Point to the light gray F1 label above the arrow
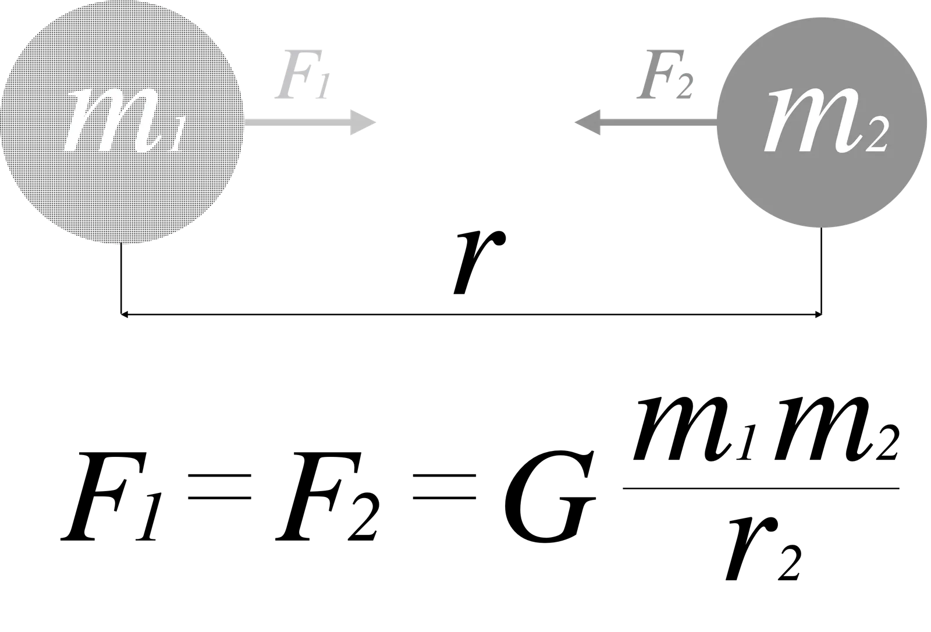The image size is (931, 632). (303, 75)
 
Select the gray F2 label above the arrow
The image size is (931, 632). (665, 75)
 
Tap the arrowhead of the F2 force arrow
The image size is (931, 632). (588, 122)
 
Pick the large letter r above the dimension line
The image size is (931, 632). (479, 263)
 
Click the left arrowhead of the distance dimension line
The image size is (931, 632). (124, 315)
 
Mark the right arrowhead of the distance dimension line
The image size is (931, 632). (818, 315)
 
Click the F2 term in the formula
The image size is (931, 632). (328, 496)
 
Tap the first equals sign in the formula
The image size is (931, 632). (219, 487)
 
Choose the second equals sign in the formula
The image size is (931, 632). (445, 487)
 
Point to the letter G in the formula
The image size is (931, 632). (549, 496)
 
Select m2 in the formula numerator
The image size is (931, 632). (836, 429)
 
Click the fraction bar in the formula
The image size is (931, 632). (761, 488)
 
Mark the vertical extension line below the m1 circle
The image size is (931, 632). (121, 279)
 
